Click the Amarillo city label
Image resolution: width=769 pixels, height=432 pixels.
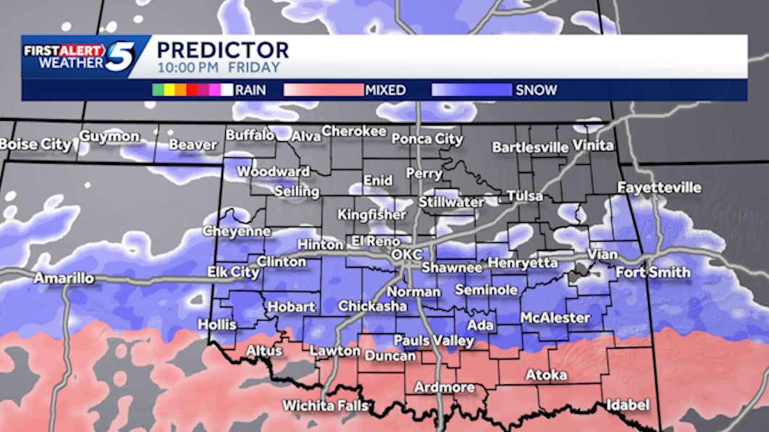tap(64, 279)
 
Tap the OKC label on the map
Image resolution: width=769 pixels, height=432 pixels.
tap(405, 255)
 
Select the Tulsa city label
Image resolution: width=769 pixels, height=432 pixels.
tap(524, 197)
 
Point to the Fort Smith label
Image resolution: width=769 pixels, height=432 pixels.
tap(652, 273)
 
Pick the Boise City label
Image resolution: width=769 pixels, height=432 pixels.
tap(35, 144)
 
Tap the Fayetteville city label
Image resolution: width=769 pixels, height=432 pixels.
tap(659, 187)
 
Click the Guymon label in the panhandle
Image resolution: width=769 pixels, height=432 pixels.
tap(109, 136)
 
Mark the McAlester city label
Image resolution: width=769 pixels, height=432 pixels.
tap(555, 318)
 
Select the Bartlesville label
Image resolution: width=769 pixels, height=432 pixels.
tap(530, 147)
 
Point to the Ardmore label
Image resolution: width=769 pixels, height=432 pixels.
tap(444, 387)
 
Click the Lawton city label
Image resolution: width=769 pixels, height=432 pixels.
tap(335, 351)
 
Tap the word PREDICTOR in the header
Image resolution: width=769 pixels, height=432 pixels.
tap(222, 50)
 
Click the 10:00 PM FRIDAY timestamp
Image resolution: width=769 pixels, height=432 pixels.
tap(218, 68)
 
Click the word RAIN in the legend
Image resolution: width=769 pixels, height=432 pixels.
tap(250, 90)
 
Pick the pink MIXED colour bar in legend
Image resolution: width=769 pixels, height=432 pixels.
tap(323, 90)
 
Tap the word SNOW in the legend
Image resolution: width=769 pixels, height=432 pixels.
tap(536, 90)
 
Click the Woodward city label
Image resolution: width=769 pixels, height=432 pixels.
tap(273, 171)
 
